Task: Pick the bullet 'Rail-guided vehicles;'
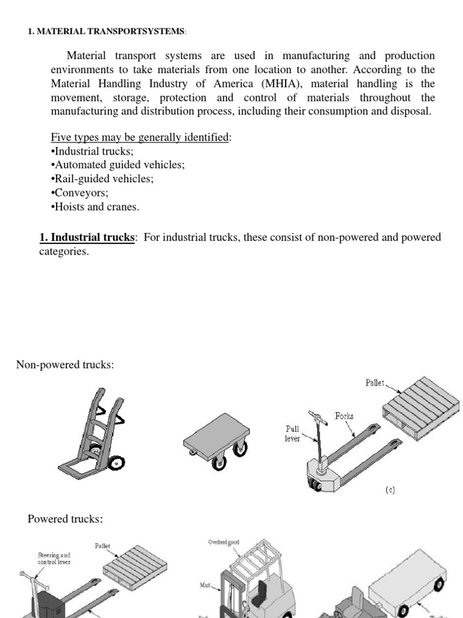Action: (x=102, y=179)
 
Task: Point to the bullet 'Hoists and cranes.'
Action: (x=95, y=206)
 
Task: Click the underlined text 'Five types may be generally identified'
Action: (x=140, y=137)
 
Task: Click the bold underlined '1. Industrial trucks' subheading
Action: (x=88, y=237)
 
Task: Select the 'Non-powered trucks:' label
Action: (x=65, y=365)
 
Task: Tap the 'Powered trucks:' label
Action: (x=65, y=519)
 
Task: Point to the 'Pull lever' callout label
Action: (x=292, y=433)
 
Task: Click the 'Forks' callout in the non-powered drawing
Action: (x=344, y=416)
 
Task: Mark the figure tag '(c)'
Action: (x=390, y=490)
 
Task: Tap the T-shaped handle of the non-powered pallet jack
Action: (x=315, y=416)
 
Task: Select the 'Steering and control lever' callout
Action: (x=54, y=558)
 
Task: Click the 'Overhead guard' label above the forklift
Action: (x=224, y=542)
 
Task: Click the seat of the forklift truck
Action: (x=263, y=585)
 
